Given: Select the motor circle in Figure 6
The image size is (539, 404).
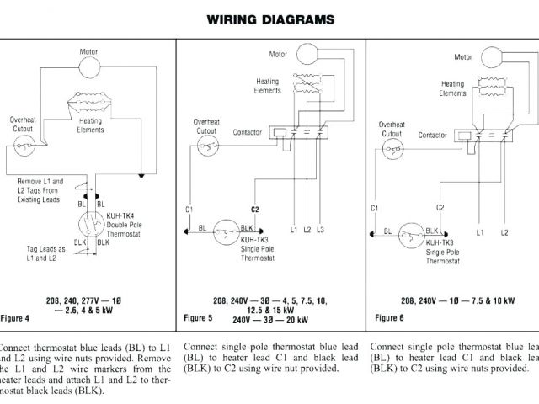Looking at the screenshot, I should pyautogui.click(x=489, y=56).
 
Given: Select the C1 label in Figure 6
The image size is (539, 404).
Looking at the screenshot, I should pyautogui.click(x=374, y=207).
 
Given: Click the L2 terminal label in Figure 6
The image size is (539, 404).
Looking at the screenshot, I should pyautogui.click(x=504, y=231).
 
